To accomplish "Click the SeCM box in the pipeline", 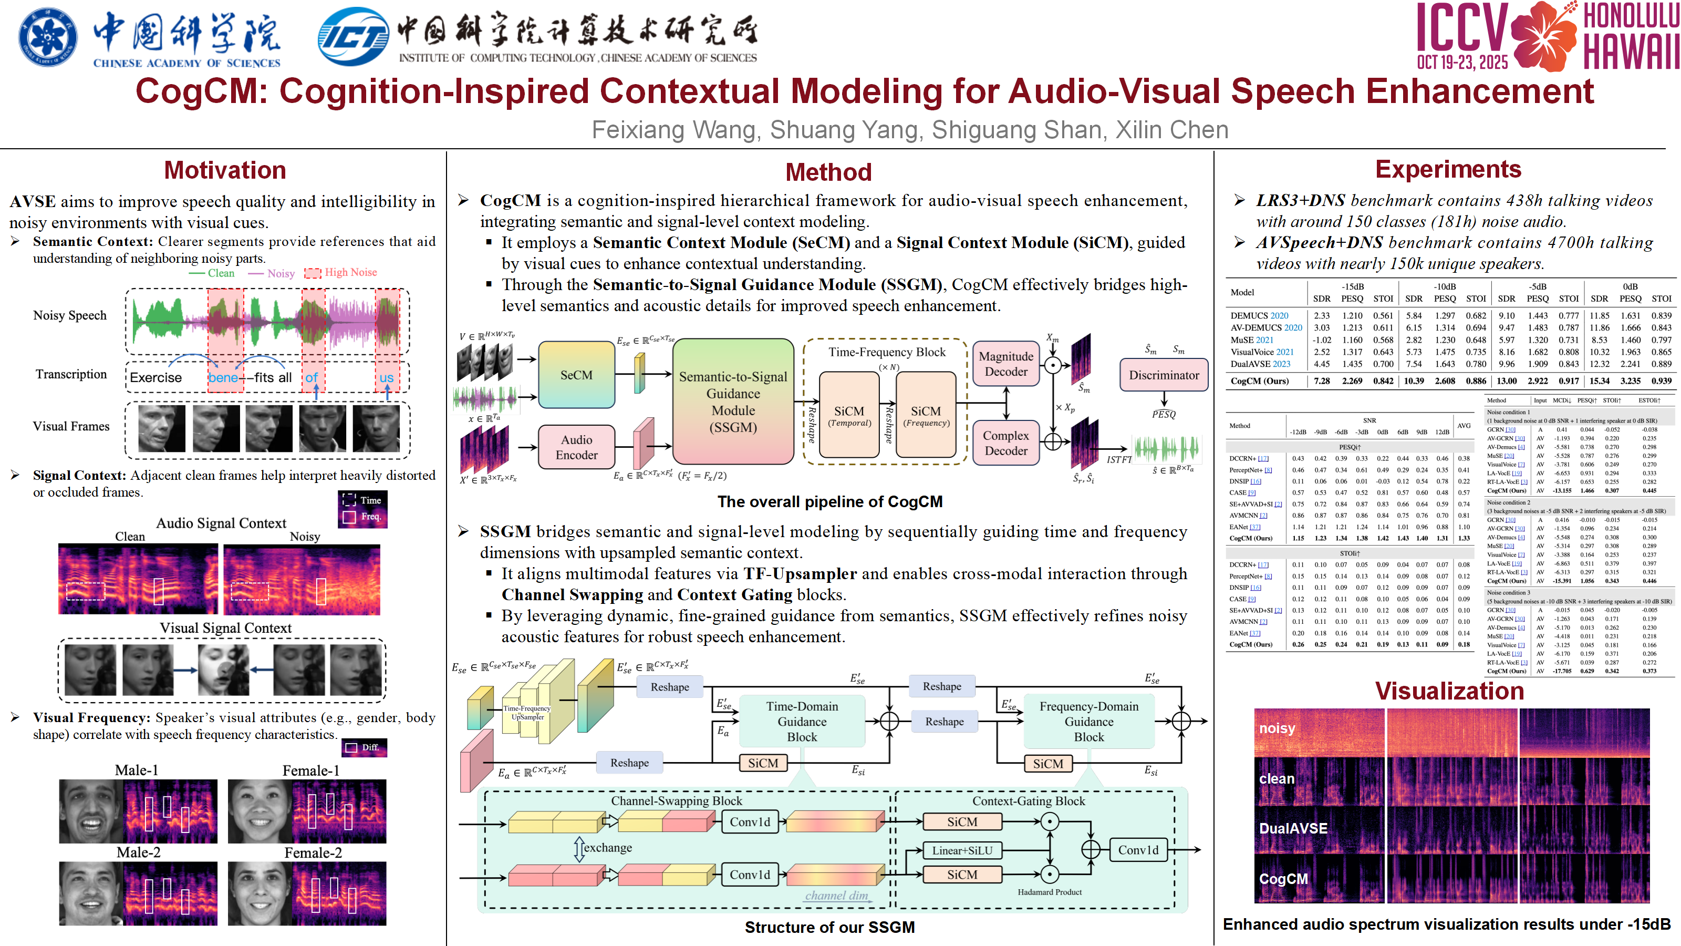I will point(576,375).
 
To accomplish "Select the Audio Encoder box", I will point(576,447).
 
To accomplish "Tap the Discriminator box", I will point(1164,375).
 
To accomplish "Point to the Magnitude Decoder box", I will point(1005,364).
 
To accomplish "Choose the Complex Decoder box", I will point(1005,443).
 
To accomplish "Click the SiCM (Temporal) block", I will point(849,415).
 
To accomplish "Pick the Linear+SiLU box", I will point(962,850).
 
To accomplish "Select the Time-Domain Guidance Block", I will point(802,722).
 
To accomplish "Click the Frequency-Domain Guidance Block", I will point(1088,722).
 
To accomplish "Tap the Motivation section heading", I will point(225,170).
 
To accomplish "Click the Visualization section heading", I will point(1449,691).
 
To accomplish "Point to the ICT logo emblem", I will point(353,37).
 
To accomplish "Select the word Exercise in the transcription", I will point(156,377).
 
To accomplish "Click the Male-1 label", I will point(137,770).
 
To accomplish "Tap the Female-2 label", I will point(313,852).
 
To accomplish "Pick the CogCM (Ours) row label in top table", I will point(1260,381).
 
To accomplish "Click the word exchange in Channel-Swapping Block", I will point(607,847).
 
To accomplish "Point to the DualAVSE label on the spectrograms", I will point(1293,828).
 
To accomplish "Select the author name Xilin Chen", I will point(1172,130).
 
